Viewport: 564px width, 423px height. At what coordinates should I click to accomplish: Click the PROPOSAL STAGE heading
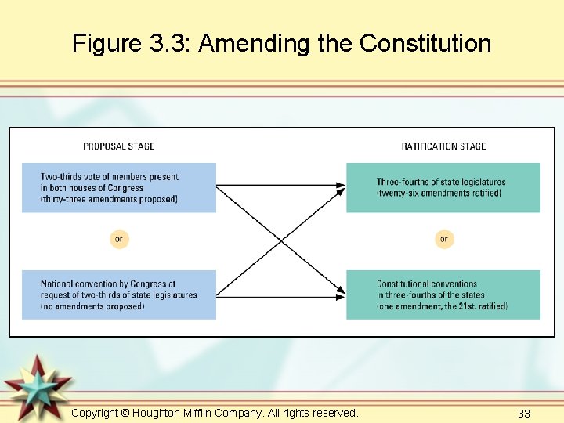click(118, 146)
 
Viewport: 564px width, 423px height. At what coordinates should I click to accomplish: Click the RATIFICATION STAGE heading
click(443, 146)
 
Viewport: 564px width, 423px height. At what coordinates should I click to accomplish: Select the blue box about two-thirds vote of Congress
click(118, 187)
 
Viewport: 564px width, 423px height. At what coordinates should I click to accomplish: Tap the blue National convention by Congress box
click(118, 295)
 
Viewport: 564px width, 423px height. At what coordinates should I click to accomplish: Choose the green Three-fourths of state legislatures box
click(443, 187)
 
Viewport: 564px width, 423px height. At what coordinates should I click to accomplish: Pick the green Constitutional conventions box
click(443, 295)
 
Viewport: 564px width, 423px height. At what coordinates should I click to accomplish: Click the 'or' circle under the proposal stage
click(119, 239)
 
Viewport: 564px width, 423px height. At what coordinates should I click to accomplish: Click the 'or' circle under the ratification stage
click(444, 239)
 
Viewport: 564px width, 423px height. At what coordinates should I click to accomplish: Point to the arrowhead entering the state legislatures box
click(341, 186)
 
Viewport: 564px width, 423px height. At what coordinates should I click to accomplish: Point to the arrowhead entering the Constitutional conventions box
click(341, 295)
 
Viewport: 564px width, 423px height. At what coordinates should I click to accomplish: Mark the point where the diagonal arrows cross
click(281, 240)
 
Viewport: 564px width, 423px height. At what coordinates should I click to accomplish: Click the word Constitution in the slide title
click(425, 43)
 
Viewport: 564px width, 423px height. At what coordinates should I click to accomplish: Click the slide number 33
click(524, 413)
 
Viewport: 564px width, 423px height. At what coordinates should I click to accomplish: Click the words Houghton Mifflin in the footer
click(173, 413)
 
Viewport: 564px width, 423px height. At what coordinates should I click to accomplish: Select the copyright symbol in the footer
click(125, 413)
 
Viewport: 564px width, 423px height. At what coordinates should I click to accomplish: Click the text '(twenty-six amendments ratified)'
click(439, 193)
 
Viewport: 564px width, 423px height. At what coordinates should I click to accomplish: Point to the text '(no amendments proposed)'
click(93, 305)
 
